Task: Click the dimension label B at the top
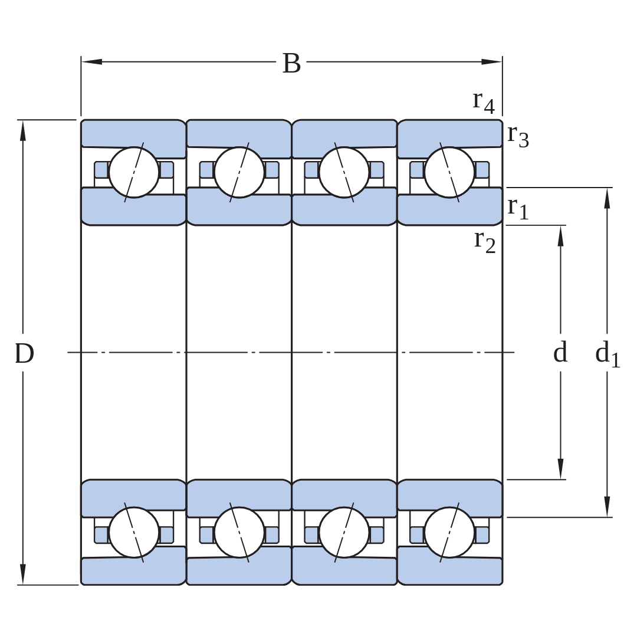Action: tap(291, 63)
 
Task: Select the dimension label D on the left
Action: tap(24, 353)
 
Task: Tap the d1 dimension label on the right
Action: tap(608, 353)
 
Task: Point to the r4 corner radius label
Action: tap(484, 102)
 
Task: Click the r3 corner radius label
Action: tap(518, 136)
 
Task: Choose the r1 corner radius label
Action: tap(518, 208)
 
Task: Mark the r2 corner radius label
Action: tap(485, 242)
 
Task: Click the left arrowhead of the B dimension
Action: tap(92, 62)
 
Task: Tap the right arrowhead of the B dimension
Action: tap(491, 62)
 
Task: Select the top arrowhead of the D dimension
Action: tap(23, 130)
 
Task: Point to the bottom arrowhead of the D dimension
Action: tap(23, 574)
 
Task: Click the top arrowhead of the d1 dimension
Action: tap(607, 198)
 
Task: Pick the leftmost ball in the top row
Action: tap(134, 172)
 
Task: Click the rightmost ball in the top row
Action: tap(449, 172)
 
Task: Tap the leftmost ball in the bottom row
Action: tap(134, 532)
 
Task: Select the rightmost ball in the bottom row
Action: tap(449, 532)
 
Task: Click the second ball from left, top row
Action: tap(239, 172)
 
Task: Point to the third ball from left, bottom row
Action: tap(344, 532)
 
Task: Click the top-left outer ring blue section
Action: tap(134, 134)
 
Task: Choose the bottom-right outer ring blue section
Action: tap(449, 570)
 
